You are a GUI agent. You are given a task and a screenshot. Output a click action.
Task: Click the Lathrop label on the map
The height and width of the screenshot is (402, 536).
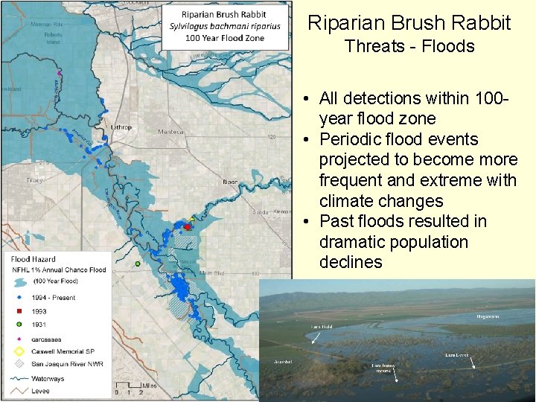point(121,127)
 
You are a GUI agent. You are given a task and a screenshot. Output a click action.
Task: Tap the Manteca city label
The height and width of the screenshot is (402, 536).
point(171,132)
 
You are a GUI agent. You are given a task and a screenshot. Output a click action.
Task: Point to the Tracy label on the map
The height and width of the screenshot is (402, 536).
point(35,180)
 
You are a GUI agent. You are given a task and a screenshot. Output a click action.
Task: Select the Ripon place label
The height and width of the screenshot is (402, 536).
point(230,182)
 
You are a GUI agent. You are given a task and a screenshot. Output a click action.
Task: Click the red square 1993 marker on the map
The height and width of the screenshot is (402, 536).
point(187,226)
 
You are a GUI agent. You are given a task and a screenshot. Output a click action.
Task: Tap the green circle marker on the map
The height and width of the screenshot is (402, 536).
point(138,264)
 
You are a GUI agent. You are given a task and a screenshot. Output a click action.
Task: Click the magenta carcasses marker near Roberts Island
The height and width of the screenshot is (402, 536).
point(59,73)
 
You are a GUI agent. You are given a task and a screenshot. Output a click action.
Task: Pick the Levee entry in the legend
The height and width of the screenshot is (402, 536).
point(42,390)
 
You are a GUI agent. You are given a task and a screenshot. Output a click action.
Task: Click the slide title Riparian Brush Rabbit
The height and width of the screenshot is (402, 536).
point(409,22)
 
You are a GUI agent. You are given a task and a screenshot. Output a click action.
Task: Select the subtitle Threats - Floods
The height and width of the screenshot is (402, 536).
point(409,46)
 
